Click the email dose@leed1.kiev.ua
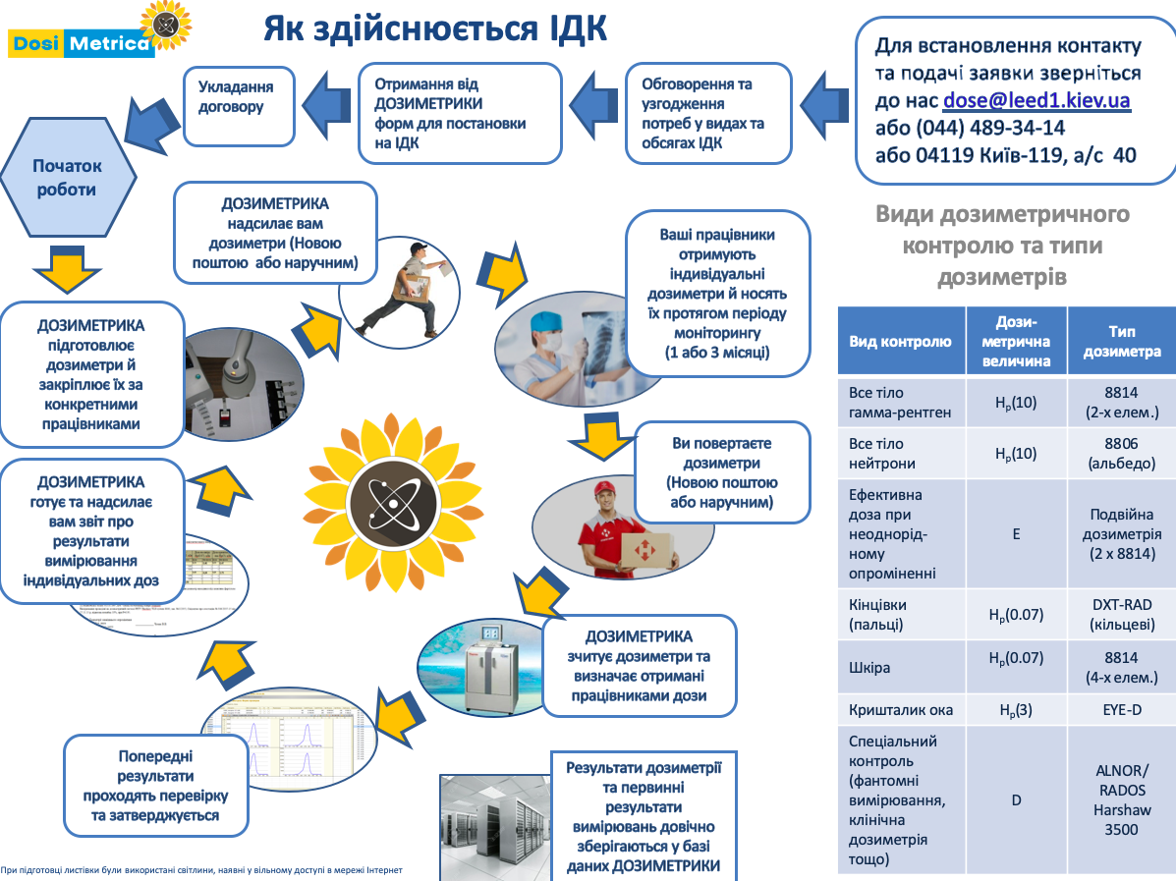(1036, 100)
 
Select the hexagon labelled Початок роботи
(66, 178)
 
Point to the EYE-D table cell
(1121, 709)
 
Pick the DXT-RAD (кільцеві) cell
(1121, 615)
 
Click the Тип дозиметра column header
(1121, 342)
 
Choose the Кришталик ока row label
(900, 709)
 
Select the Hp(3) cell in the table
(1016, 709)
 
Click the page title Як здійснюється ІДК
(434, 28)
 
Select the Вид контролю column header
(900, 342)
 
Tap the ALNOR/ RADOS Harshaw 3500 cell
(1121, 799)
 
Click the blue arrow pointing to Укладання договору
(325, 99)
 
